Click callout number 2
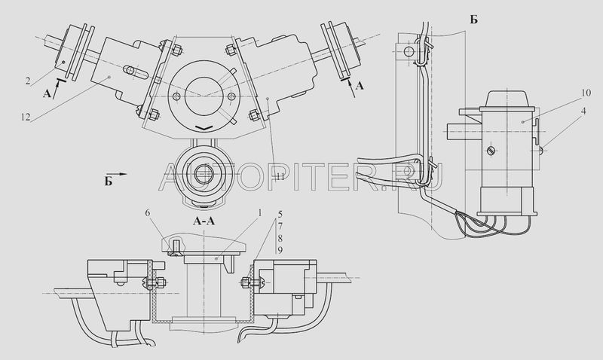click(x=28, y=81)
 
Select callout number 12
click(x=26, y=117)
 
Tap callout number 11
click(x=280, y=177)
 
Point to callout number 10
click(x=586, y=93)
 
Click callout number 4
click(x=583, y=111)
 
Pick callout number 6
click(x=148, y=212)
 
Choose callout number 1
click(x=259, y=212)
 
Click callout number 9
click(x=280, y=251)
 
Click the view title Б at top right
click(x=474, y=20)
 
